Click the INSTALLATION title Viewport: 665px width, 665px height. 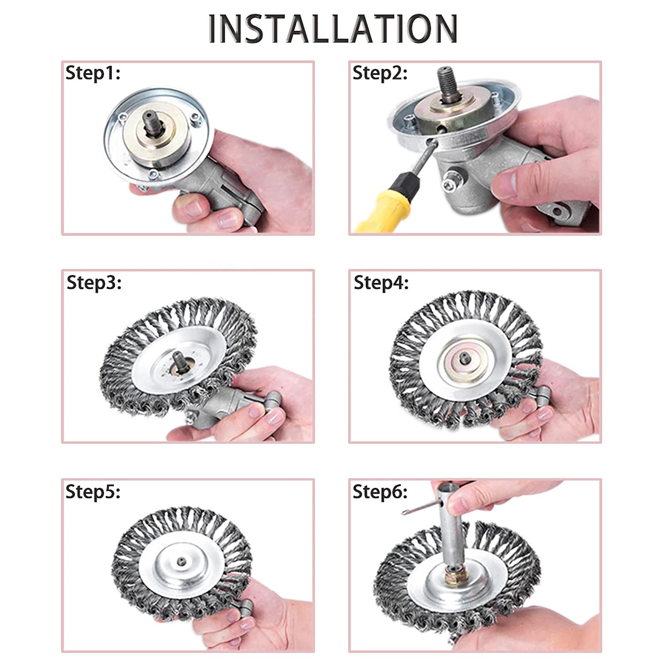332,28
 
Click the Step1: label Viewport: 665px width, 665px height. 93,73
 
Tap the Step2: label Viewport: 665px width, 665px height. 380,73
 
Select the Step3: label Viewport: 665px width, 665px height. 94,283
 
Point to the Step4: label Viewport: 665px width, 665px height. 381,283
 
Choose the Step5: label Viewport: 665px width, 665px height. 93,492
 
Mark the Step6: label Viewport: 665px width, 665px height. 380,492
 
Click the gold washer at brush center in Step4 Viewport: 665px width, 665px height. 463,357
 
